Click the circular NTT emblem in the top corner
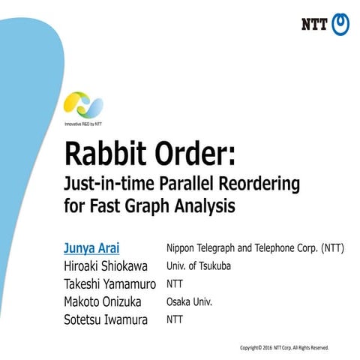point(340,24)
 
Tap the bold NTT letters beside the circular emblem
point(314,25)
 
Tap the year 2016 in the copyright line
point(271,348)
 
